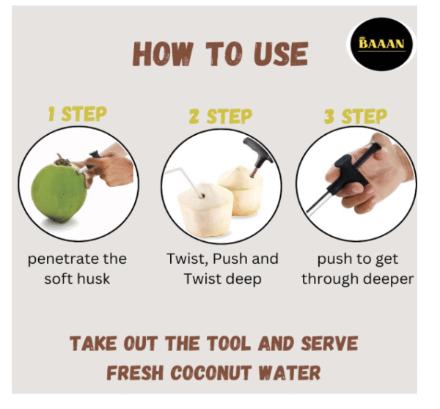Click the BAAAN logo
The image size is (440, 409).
[381, 44]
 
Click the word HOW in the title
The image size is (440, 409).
[163, 54]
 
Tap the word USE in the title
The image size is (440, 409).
[281, 54]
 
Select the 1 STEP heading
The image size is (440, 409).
[78, 114]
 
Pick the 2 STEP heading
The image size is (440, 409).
[221, 116]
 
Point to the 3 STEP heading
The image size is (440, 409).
[356, 116]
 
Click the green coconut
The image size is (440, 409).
[59, 191]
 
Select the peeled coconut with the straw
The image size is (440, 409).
[205, 208]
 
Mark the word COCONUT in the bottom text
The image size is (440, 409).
[210, 373]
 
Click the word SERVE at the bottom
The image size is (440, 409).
[329, 343]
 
